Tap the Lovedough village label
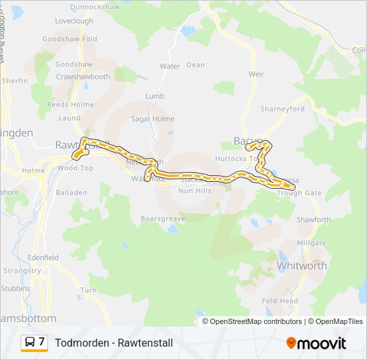[x=74, y=21]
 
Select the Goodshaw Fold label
[x=69, y=39]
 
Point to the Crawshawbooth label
[x=83, y=77]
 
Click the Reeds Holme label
[x=70, y=105]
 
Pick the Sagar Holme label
[x=153, y=119]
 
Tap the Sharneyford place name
[x=282, y=109]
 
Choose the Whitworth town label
[x=302, y=265]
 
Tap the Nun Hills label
[x=195, y=191]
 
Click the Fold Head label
[x=280, y=301]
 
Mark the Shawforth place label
[x=313, y=219]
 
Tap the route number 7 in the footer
[x=42, y=342]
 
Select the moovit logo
[x=316, y=343]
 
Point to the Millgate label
[x=311, y=243]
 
